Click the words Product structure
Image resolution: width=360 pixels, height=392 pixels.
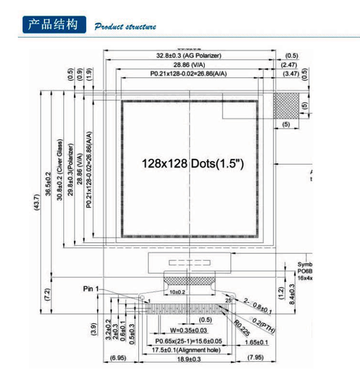(x=125, y=27)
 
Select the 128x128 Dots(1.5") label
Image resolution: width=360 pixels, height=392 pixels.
(x=193, y=164)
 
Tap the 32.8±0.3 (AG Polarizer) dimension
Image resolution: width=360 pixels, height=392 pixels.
(x=189, y=56)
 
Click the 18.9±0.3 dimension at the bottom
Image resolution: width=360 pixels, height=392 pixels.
(x=189, y=359)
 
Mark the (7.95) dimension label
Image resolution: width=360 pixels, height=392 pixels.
(x=255, y=358)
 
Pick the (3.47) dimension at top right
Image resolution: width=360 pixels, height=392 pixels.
(x=291, y=73)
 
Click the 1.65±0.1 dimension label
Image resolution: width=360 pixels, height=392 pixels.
(x=256, y=343)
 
